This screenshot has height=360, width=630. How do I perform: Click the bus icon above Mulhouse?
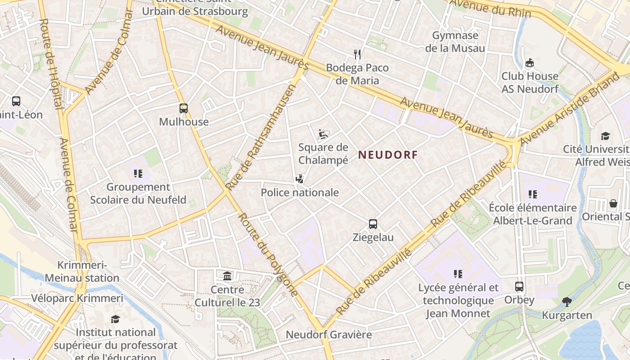click(x=184, y=108)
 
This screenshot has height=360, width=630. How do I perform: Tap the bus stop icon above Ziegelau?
click(x=373, y=224)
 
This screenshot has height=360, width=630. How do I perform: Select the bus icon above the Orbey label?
click(x=519, y=287)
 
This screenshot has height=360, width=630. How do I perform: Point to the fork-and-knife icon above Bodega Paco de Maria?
click(x=358, y=54)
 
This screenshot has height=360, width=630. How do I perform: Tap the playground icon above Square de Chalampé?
click(x=323, y=134)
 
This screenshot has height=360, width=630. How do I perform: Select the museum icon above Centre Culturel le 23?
click(x=228, y=276)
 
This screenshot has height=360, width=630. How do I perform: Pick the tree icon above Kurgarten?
click(x=567, y=302)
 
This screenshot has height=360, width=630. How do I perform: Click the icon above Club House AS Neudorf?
click(x=530, y=63)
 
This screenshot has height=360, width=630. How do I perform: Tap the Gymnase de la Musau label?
click(x=455, y=42)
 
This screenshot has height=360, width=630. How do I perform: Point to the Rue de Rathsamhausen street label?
click(x=261, y=137)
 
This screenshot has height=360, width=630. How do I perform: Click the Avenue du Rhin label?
click(x=490, y=8)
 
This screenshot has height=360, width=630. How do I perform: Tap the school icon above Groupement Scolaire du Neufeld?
click(x=138, y=173)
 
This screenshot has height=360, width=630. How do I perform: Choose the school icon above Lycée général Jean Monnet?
click(x=458, y=274)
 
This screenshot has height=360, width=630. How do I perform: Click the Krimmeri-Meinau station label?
click(x=82, y=271)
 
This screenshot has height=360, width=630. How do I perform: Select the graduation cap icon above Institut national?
click(x=116, y=319)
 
